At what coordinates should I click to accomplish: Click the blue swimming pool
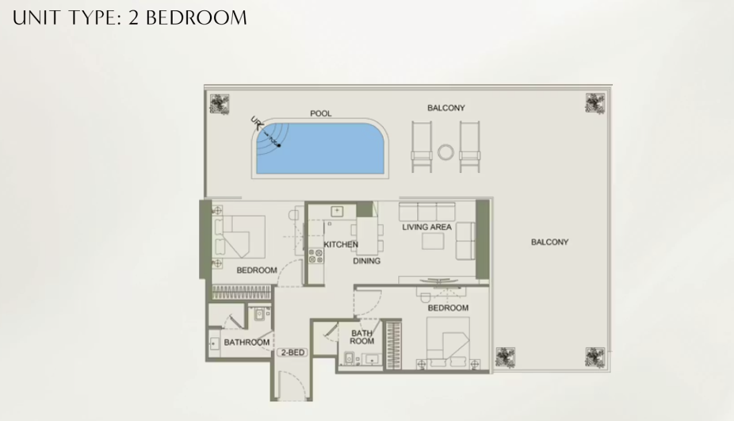(x=320, y=148)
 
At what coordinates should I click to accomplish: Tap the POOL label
(x=321, y=113)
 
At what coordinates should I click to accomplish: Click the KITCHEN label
(x=341, y=244)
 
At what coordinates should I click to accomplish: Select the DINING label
(x=366, y=261)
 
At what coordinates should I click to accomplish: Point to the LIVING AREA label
(x=427, y=227)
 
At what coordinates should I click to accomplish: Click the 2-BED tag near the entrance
(x=293, y=352)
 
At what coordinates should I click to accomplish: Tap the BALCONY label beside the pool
(x=446, y=108)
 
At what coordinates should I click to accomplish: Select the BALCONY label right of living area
(x=549, y=242)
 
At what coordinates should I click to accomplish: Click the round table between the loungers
(x=445, y=152)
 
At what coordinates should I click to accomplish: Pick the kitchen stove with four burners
(x=316, y=256)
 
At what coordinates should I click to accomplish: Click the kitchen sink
(x=337, y=211)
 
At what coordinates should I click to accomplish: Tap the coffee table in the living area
(x=433, y=241)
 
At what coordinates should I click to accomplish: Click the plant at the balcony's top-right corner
(x=595, y=103)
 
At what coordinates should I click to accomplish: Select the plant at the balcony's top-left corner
(x=219, y=104)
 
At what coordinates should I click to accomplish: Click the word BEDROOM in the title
(x=197, y=17)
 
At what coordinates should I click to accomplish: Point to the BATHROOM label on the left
(x=247, y=343)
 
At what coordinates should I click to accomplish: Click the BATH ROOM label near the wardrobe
(x=362, y=337)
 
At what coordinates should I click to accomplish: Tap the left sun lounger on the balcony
(x=422, y=147)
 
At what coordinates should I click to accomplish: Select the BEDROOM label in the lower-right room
(x=448, y=308)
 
